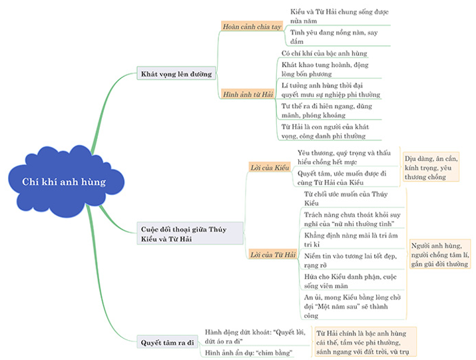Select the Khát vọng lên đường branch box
[176, 73]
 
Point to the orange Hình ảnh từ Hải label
[248, 94]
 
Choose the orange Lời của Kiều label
[270, 168]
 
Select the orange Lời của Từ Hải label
[272, 255]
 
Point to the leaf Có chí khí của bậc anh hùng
[324, 53]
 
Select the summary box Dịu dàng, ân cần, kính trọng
[431, 168]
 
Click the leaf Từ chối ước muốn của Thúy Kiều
[335, 198]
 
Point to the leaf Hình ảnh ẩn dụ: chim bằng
[249, 352]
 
